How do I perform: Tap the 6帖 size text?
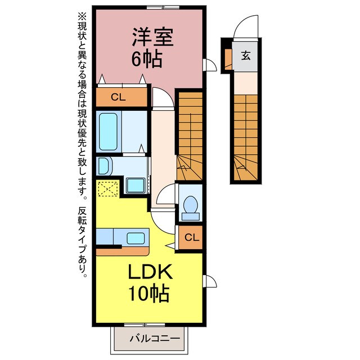(147, 58)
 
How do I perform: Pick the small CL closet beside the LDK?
(191, 237)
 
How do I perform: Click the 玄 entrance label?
(246, 55)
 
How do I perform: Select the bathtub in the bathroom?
(107, 130)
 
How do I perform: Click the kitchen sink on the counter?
(136, 238)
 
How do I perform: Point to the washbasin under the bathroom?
(104, 166)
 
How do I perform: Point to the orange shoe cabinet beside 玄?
(228, 57)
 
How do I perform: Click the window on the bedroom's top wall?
(163, 7)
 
